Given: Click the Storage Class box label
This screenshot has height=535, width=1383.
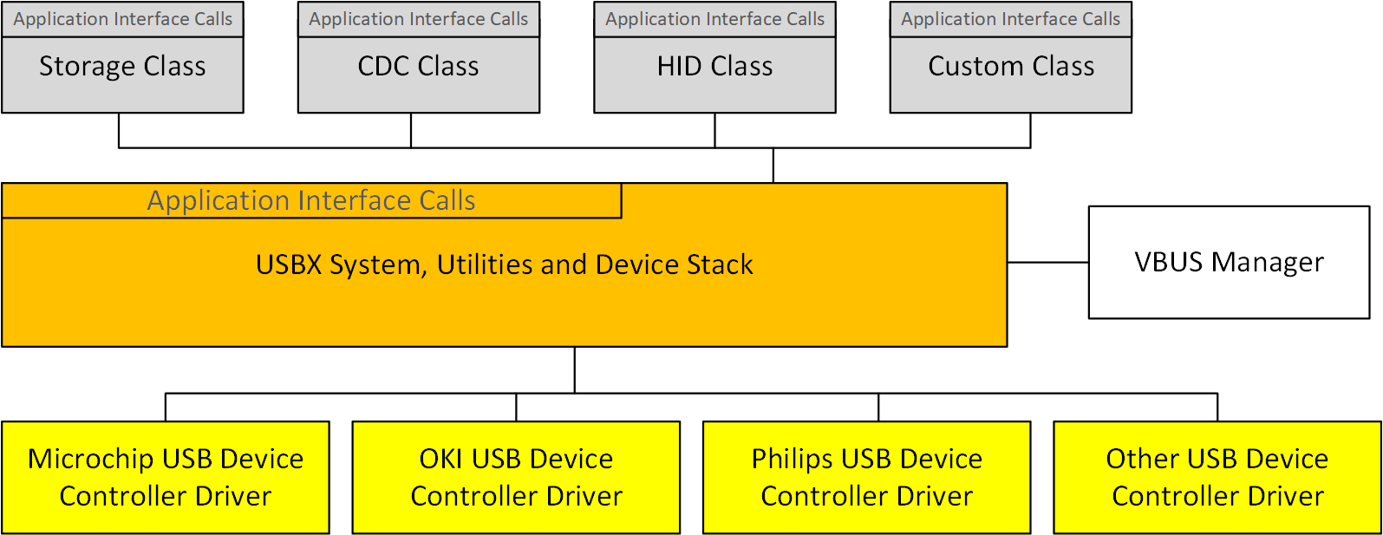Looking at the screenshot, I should [122, 67].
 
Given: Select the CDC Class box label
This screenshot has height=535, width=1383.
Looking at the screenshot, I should [418, 67].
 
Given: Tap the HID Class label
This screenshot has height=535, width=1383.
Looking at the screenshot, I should [714, 67].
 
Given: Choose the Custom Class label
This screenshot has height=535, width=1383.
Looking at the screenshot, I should [1011, 67].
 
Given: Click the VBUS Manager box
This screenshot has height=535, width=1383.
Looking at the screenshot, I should [1229, 262].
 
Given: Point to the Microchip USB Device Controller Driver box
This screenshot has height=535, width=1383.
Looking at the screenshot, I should [166, 477].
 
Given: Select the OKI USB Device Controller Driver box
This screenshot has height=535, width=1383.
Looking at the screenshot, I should [516, 477].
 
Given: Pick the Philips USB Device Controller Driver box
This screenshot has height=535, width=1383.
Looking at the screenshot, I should [866, 477].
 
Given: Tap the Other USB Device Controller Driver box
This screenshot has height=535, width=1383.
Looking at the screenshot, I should [1217, 477].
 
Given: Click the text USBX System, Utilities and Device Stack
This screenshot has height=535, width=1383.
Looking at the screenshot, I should [504, 264].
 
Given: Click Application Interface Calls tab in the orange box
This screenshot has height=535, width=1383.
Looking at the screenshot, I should [311, 200].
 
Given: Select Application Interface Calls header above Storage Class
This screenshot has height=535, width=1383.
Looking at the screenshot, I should [122, 19].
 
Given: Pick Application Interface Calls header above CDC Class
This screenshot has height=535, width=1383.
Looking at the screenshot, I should [418, 19].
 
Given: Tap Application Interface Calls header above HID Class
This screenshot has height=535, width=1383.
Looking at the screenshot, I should [714, 19].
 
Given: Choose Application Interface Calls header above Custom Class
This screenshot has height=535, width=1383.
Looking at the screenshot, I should [1011, 19].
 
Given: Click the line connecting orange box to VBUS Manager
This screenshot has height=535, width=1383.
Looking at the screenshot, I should [1047, 262].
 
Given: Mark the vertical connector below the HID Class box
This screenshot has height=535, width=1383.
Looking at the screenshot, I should [715, 130].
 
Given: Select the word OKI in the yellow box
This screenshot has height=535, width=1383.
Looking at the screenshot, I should [441, 459].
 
